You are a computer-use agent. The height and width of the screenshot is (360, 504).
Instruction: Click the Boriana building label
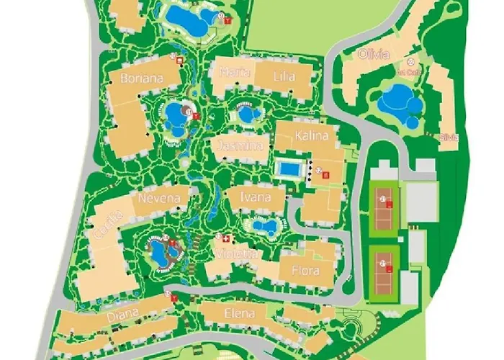pyautogui.click(x=141, y=78)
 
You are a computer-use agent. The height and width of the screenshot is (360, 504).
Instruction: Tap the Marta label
pyautogui.click(x=230, y=73)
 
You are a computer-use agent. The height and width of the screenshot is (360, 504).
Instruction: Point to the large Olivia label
pyautogui.click(x=373, y=55)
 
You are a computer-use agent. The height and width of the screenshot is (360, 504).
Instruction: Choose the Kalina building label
pyautogui.click(x=311, y=136)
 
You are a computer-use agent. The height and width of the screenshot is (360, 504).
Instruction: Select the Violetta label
pyautogui.click(x=235, y=253)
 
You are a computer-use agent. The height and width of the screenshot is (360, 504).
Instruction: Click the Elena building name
pyautogui.click(x=240, y=313)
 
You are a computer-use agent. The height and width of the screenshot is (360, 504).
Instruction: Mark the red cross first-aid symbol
pyautogui.click(x=227, y=238)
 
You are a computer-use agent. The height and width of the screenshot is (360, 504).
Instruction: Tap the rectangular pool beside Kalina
pyautogui.click(x=289, y=169)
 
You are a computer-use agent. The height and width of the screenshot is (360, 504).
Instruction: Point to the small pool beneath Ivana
pyautogui.click(x=264, y=228)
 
